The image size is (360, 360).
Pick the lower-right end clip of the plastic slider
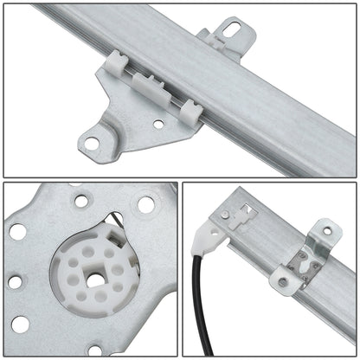[x=191, y=110]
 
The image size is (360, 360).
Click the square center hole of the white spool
[x=93, y=280]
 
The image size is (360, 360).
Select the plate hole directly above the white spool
[x=81, y=202]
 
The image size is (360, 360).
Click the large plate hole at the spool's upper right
[x=145, y=205]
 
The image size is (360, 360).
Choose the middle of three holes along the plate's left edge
[x=15, y=281]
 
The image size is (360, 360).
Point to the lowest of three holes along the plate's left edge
[x=20, y=325]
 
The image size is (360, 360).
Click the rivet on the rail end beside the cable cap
[x=225, y=214]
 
